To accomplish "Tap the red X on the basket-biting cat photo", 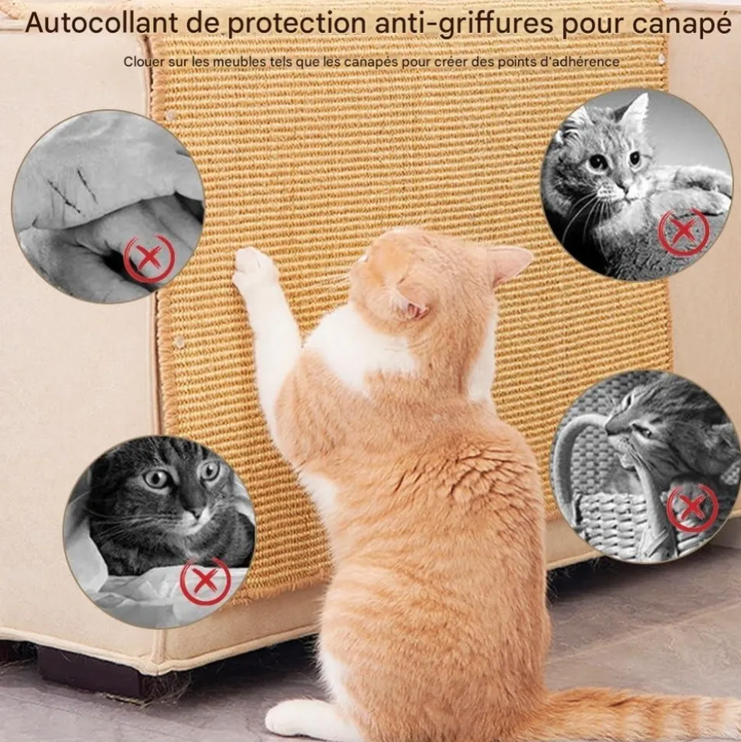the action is click(692, 507).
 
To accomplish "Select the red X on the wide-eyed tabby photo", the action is click(205, 582).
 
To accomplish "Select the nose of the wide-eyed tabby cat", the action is click(195, 513).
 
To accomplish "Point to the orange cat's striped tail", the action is click(634, 710).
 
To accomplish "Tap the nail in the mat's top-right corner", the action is click(662, 59).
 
